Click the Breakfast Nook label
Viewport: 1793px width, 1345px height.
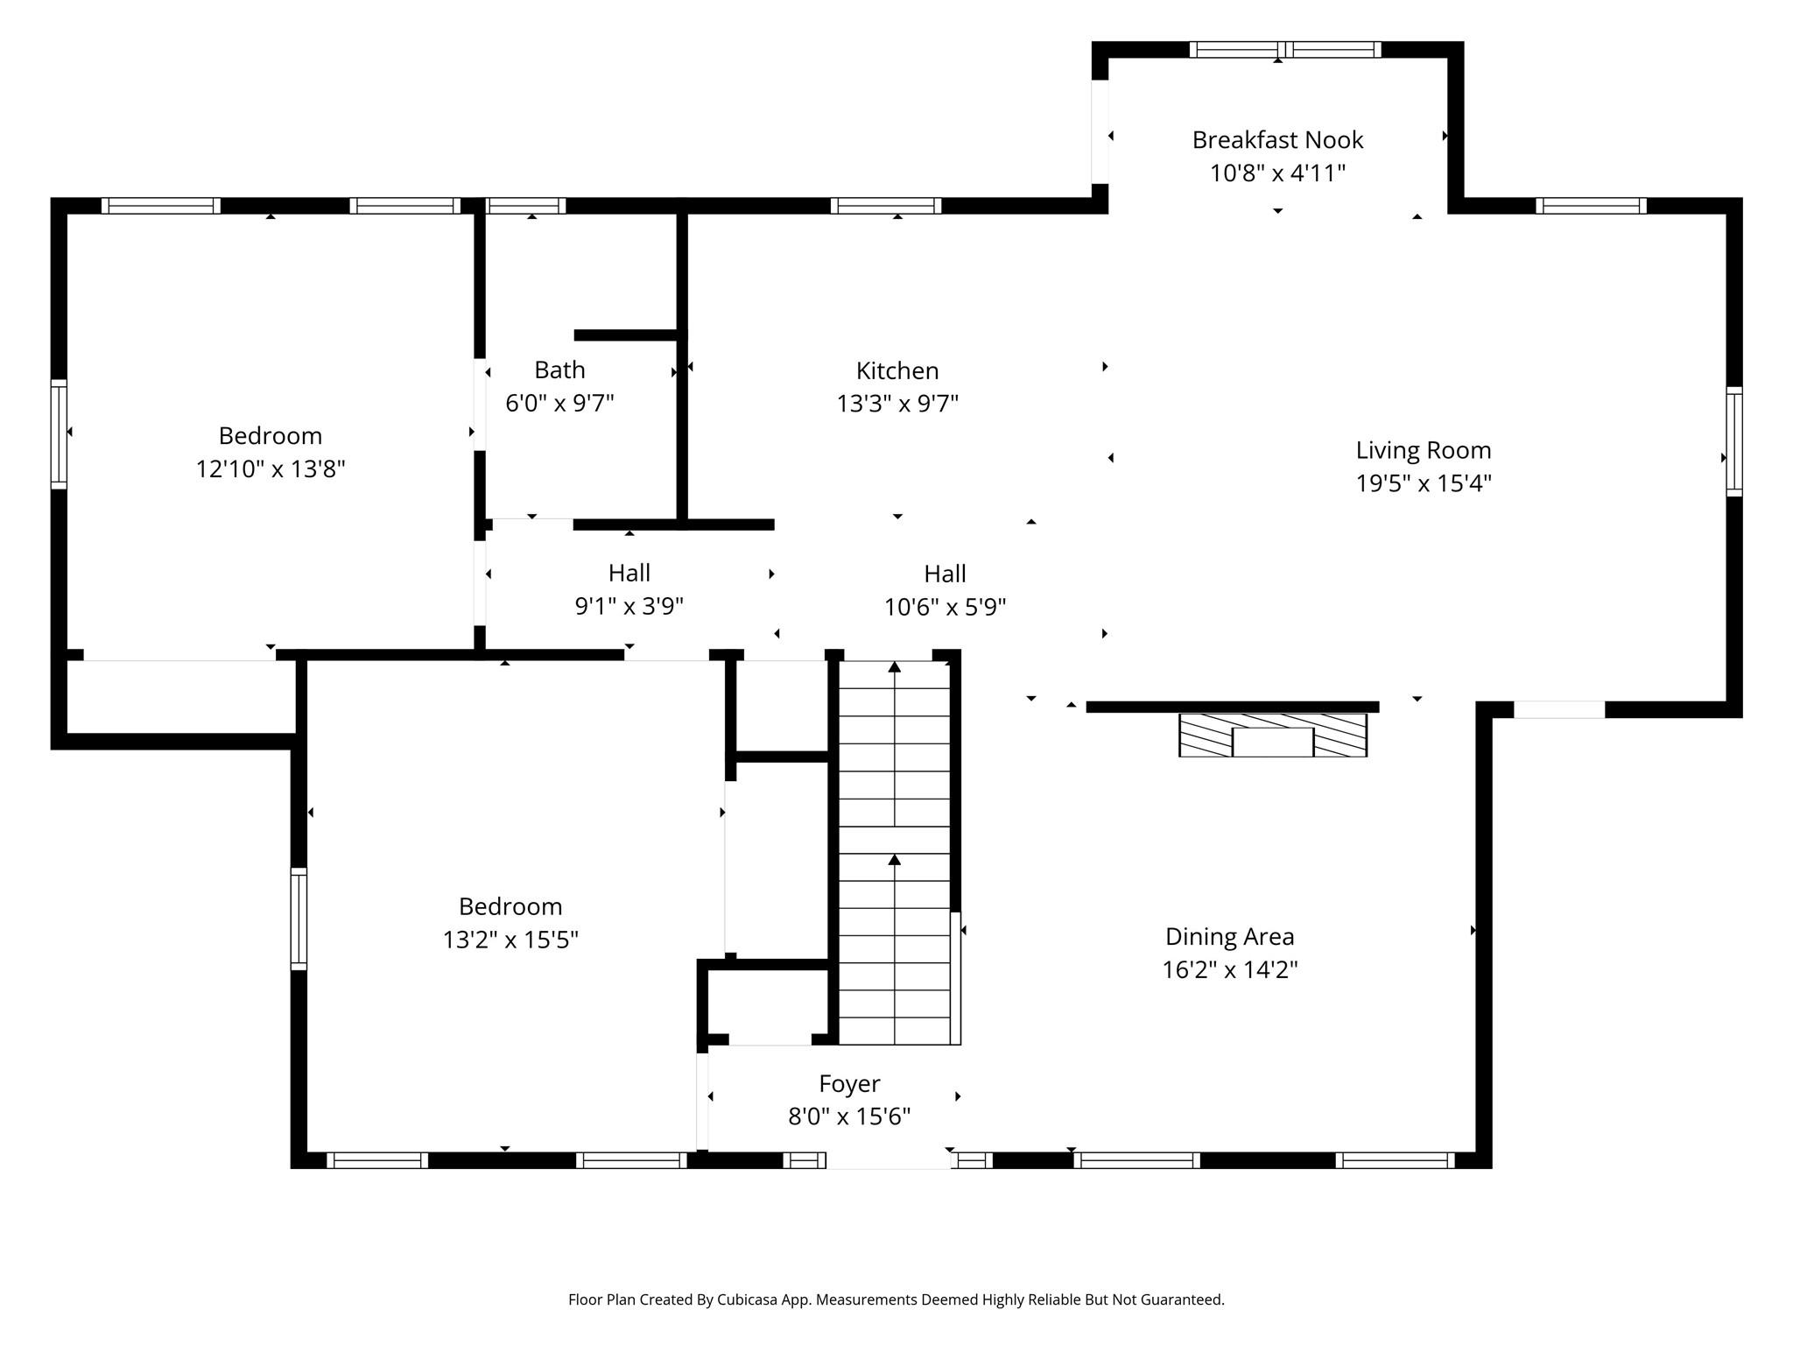[x=1277, y=140]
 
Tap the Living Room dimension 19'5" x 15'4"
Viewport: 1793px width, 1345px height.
[x=1424, y=483]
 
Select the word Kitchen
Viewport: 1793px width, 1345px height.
[x=897, y=371]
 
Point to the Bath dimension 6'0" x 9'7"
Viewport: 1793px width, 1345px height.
[x=559, y=404]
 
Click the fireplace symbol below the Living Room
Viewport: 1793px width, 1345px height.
[x=1272, y=736]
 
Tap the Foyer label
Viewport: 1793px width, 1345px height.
[x=849, y=1084]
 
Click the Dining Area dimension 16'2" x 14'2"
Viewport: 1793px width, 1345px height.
[x=1229, y=970]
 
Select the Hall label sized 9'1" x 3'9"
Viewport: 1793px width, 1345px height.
[x=629, y=574]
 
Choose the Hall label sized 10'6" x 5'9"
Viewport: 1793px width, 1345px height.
[x=945, y=574]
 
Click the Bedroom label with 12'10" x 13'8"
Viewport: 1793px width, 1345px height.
[x=270, y=436]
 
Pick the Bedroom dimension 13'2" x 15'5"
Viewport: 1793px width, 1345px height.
[x=510, y=940]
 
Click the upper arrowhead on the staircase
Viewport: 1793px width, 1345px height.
[x=894, y=667]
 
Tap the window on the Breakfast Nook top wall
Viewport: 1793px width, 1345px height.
[x=1284, y=50]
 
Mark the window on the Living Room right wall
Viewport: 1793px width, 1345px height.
[x=1733, y=442]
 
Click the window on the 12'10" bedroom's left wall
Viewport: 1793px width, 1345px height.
[x=59, y=434]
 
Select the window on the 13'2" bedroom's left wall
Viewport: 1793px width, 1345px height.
[x=299, y=919]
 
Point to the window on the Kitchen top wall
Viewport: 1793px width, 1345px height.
[x=885, y=206]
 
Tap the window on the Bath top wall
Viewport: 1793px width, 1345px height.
[x=525, y=206]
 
